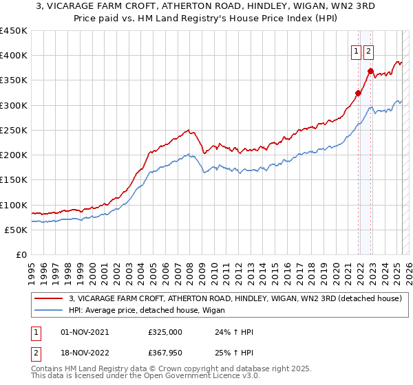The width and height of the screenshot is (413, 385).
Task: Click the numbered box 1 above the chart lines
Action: (x=356, y=50)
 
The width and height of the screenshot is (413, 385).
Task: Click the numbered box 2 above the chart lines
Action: (x=368, y=50)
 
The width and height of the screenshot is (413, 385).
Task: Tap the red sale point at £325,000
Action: (x=359, y=93)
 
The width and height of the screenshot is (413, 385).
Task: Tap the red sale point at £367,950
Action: (x=370, y=71)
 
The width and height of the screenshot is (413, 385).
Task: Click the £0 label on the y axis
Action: (x=21, y=255)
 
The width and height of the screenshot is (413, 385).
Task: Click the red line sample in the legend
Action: (x=50, y=298)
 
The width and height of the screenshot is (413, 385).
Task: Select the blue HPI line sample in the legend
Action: (x=50, y=311)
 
